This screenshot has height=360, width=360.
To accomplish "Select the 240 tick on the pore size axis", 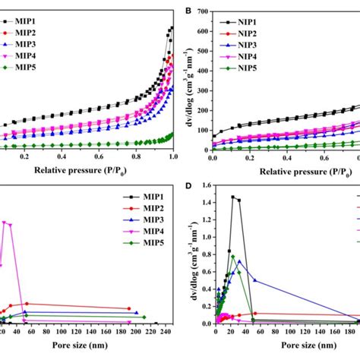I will tap(174, 332).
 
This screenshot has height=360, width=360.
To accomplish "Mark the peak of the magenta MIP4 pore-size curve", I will tap(5, 223).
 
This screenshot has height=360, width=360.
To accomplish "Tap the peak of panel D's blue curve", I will tap(239, 261).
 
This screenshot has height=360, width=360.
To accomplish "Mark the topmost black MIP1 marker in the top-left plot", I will tap(172, 28).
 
